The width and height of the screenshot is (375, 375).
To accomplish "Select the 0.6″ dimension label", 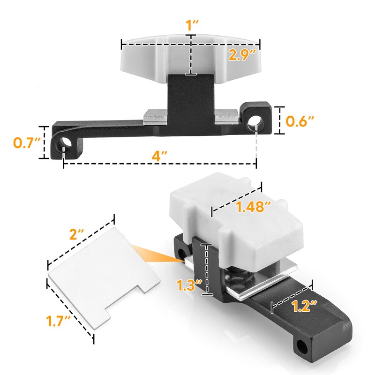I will click(300, 121).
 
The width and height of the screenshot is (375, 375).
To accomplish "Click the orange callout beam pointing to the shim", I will click(157, 253).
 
